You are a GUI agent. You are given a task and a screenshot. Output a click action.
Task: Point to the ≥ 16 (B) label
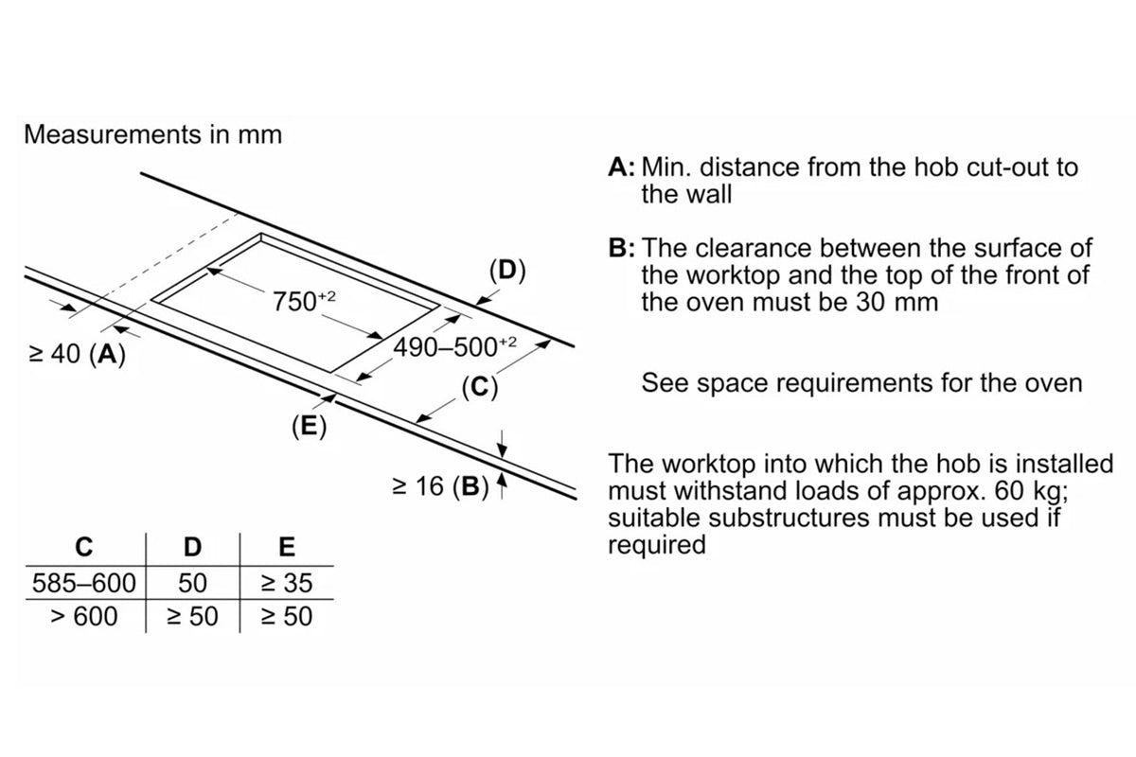[439, 487]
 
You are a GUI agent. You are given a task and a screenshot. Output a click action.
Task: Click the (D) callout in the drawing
[507, 270]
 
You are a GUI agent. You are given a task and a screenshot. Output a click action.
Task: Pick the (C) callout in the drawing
[480, 387]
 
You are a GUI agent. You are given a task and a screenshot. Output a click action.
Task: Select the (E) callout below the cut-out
[309, 427]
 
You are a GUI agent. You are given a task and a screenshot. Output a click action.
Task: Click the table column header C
[84, 547]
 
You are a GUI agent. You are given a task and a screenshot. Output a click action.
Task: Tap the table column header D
[192, 547]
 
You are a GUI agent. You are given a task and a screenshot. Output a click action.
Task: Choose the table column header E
[287, 547]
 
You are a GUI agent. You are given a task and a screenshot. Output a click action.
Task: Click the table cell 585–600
[84, 582]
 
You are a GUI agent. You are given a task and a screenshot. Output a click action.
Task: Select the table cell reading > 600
[84, 617]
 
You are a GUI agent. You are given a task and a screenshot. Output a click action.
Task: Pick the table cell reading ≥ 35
[286, 582]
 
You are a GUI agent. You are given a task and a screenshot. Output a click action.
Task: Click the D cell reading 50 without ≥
[192, 582]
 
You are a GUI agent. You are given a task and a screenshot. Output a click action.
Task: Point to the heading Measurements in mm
[152, 134]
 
